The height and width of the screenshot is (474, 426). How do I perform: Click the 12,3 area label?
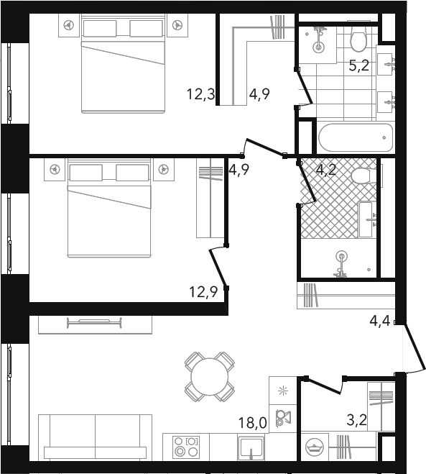click(x=200, y=94)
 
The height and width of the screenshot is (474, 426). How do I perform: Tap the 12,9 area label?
click(x=203, y=292)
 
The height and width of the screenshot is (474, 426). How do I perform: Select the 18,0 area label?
click(x=252, y=422)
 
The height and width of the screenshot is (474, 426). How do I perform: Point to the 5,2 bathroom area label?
click(x=359, y=65)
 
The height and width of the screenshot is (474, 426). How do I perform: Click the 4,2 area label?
click(x=326, y=170)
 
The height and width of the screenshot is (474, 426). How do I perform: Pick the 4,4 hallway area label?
click(x=380, y=321)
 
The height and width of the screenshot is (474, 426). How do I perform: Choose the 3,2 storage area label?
click(x=357, y=420)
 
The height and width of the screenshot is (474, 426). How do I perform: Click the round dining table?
click(x=210, y=377)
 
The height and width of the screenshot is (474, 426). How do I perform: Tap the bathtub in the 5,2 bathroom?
click(x=356, y=138)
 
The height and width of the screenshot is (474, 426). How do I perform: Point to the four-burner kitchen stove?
click(x=186, y=447)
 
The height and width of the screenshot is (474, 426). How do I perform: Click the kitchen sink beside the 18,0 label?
click(x=251, y=447)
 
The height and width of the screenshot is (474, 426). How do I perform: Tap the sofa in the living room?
click(x=95, y=438)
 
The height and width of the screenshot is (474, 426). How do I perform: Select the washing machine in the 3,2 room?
click(x=315, y=447)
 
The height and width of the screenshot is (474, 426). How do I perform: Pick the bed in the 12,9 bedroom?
click(x=108, y=209)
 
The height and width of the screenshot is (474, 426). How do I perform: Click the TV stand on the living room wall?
click(x=95, y=325)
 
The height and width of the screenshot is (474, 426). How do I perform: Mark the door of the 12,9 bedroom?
click(x=218, y=268)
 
